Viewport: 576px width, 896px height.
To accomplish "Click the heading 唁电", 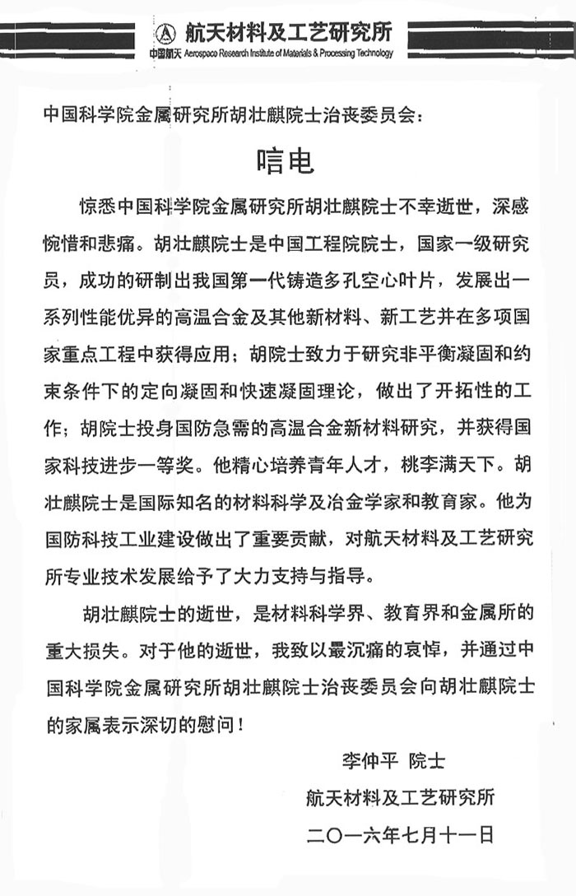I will [x=288, y=160].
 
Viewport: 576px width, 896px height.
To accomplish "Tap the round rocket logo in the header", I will [x=164, y=32].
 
